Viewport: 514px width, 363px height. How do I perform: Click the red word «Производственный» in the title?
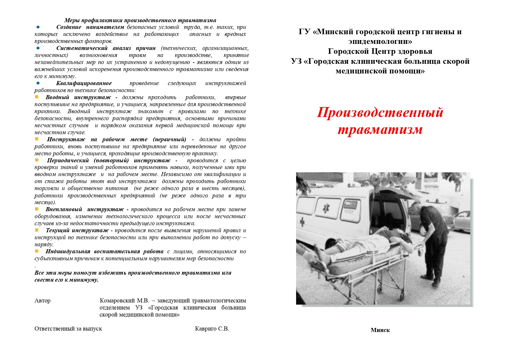(380, 113)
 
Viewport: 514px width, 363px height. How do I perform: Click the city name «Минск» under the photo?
(380, 330)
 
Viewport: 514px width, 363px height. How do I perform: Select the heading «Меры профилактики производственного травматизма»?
(140, 20)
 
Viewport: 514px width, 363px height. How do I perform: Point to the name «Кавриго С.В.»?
(212, 329)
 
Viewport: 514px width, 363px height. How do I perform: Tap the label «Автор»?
(42, 301)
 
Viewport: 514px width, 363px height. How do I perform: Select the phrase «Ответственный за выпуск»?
(68, 329)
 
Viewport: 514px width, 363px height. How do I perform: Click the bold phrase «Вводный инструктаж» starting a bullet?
(78, 97)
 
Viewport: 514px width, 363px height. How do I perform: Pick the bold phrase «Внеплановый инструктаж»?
(84, 209)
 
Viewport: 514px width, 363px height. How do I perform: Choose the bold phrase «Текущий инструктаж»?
(77, 230)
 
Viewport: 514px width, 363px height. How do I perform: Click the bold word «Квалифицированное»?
(84, 83)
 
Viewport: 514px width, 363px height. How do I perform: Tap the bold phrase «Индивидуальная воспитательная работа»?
(104, 252)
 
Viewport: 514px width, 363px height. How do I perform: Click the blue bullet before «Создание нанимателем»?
(38, 27)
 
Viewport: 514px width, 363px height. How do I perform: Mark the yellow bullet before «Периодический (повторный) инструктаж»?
(37, 160)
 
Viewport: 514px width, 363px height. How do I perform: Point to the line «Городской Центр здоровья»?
(380, 51)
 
